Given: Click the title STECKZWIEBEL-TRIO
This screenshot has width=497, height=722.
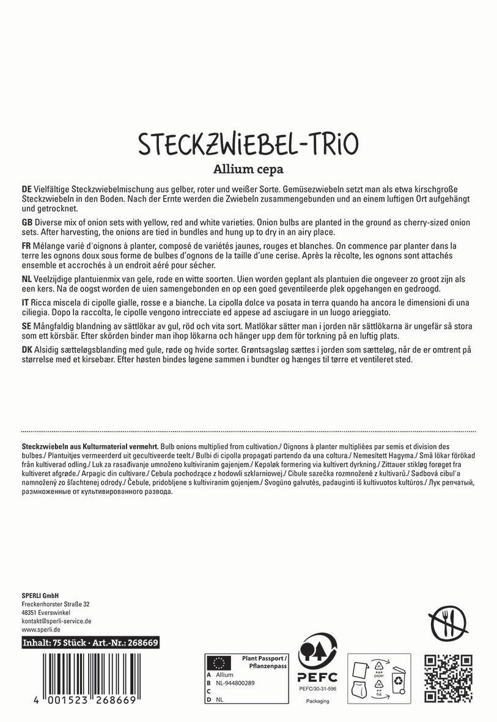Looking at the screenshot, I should point(248,144).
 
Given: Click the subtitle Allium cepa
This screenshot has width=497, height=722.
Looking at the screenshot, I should point(248,169).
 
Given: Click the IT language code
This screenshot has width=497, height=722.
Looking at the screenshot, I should point(26,303).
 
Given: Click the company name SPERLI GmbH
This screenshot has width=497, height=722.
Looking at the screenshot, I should point(40,596).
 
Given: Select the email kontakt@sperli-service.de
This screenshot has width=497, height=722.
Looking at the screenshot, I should point(56,621).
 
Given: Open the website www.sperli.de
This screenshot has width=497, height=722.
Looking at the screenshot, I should point(40,629).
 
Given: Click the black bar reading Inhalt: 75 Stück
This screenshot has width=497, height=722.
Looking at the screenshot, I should point(90,643).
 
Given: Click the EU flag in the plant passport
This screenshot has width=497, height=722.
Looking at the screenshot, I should point(218,662).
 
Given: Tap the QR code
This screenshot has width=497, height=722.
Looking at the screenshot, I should point(449,678).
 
